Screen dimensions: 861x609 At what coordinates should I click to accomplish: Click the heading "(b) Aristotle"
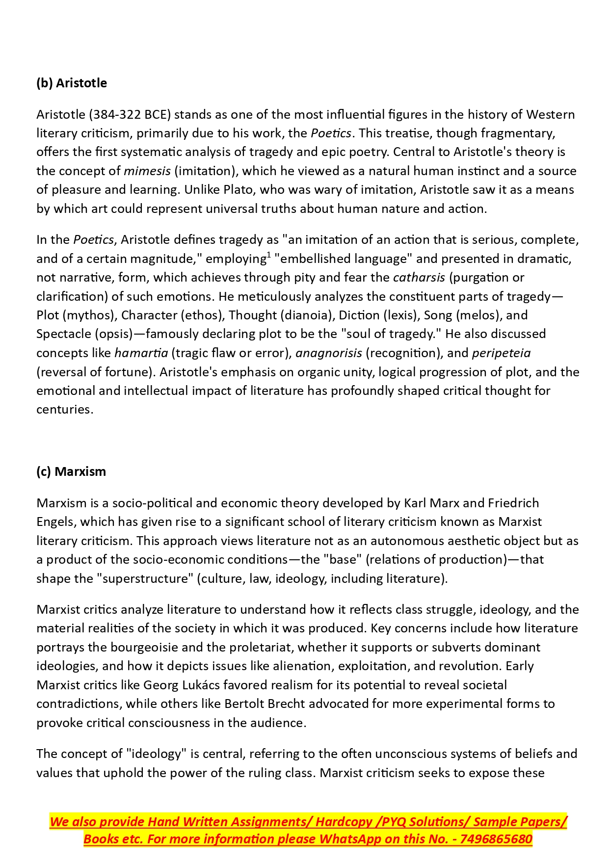(x=72, y=83)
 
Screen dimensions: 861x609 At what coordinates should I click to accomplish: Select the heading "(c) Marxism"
(x=71, y=471)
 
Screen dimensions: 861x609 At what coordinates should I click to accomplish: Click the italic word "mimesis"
(x=147, y=171)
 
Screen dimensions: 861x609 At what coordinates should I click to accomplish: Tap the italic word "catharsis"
(x=419, y=278)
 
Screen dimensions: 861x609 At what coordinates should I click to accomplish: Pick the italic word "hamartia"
(x=141, y=353)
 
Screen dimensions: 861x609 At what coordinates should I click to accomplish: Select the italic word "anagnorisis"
(x=329, y=353)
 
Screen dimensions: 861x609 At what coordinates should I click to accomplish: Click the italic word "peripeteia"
(x=501, y=353)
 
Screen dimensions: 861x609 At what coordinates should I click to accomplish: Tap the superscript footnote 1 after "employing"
(x=269, y=255)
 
